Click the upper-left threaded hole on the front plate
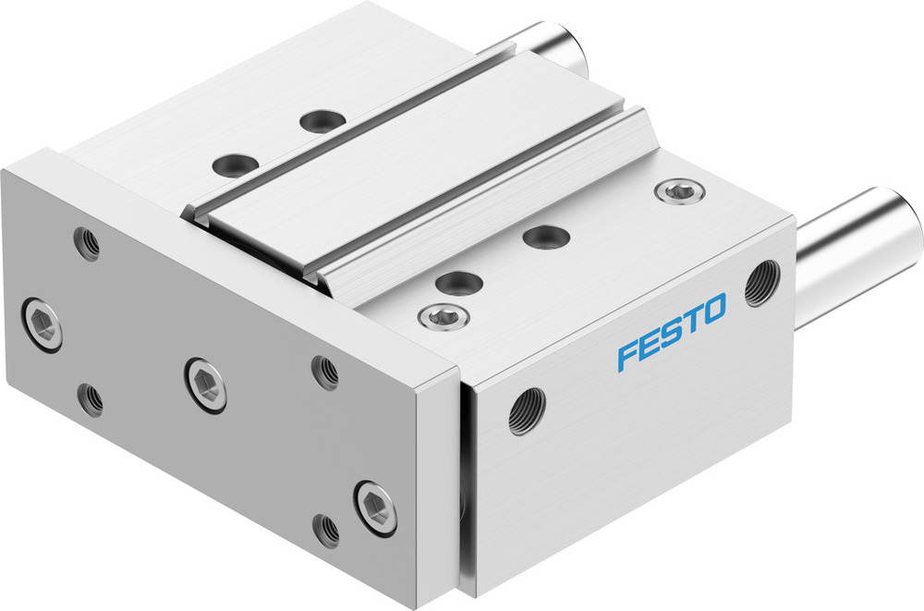(87, 243)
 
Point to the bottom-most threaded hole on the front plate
(326, 529)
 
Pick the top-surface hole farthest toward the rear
(321, 120)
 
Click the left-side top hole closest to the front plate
(235, 165)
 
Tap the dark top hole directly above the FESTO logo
(546, 237)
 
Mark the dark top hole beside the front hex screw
(456, 283)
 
